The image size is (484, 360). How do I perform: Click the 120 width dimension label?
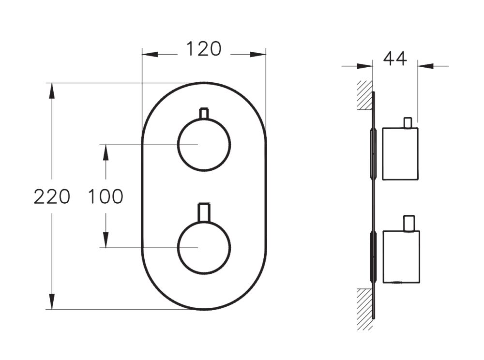pos(204,49)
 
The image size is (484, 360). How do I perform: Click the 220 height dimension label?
pos(52,197)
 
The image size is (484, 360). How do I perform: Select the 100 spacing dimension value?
pos(105,197)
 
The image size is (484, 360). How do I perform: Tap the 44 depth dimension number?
pos(395,58)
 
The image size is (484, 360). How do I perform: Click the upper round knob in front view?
pos(204,145)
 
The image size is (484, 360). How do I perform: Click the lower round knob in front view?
pos(204,247)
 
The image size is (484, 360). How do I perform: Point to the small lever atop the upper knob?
pos(204,113)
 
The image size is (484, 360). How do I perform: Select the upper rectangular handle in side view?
pos(400,154)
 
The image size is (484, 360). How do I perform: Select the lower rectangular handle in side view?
pos(401,256)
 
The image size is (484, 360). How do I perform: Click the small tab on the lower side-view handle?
pos(409,223)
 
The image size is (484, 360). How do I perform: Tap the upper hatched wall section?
pos(364,95)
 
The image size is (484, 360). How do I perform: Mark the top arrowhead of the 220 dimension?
pos(52,90)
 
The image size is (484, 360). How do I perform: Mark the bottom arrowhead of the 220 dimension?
pos(52,302)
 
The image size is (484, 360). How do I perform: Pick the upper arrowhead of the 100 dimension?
pos(105,151)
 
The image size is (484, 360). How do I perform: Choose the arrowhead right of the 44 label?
pos(425,66)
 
